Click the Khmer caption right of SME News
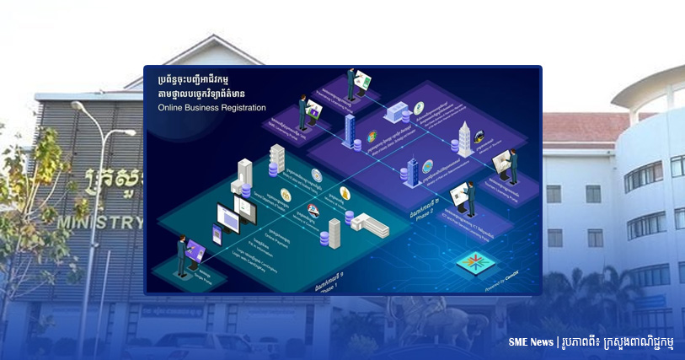[x=623, y=342]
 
